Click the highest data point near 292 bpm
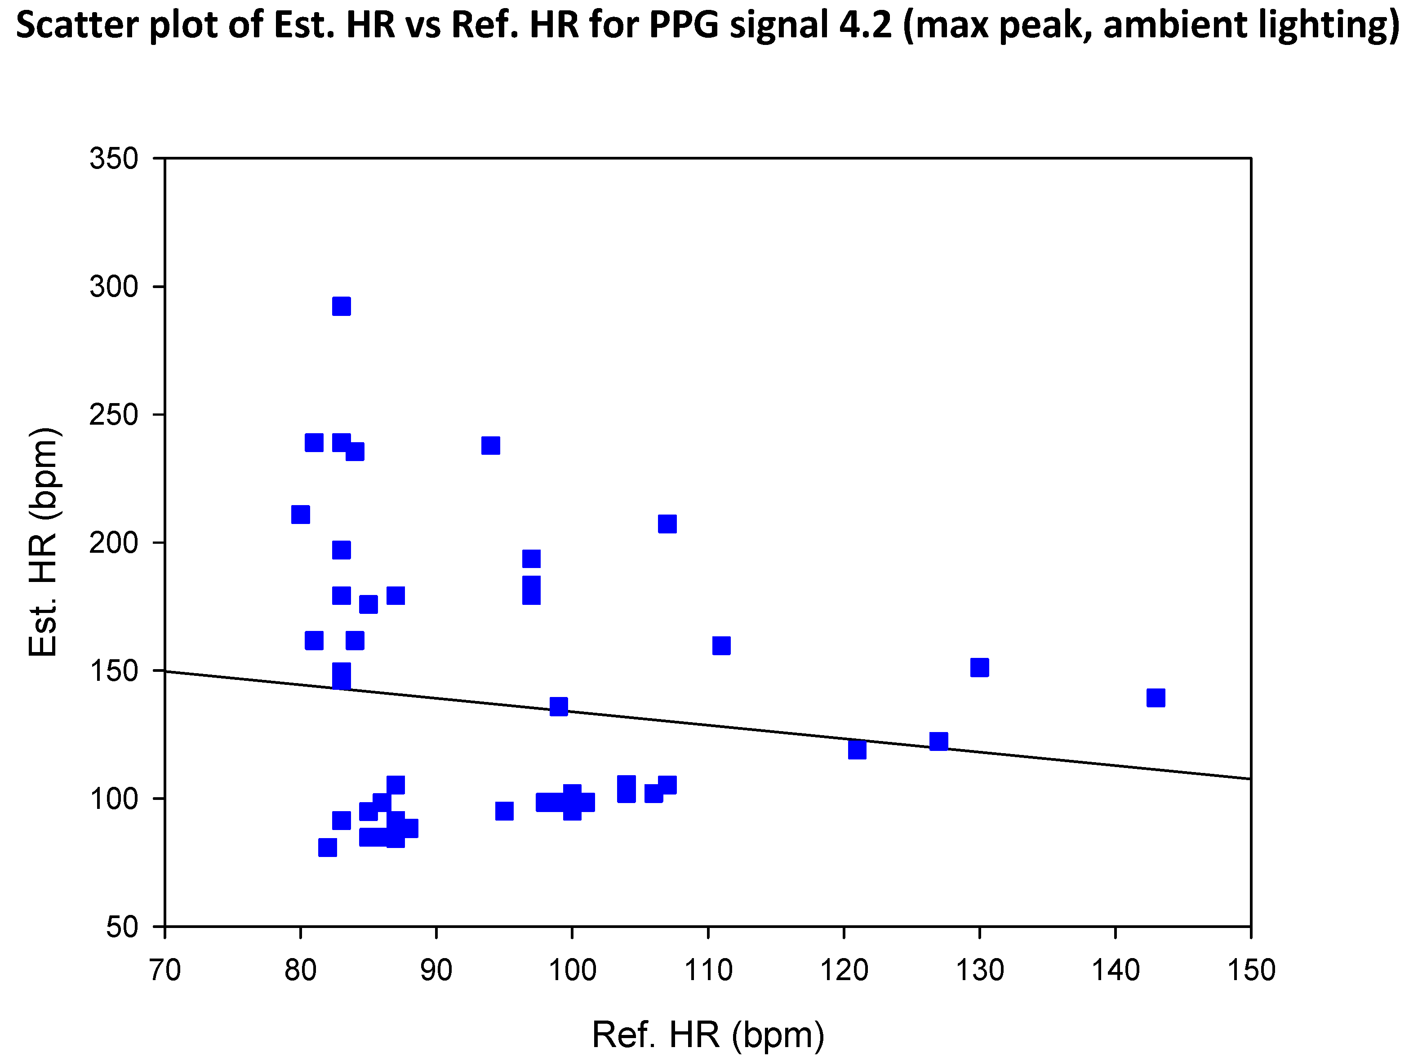tap(342, 306)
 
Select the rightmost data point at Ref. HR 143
tap(1156, 698)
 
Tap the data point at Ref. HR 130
tap(979, 667)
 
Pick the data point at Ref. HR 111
tap(721, 645)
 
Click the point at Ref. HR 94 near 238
tap(490, 445)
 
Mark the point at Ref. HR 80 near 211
tap(301, 514)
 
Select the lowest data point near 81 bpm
tap(327, 848)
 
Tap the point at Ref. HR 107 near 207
tap(667, 524)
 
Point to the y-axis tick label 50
tap(122, 927)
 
